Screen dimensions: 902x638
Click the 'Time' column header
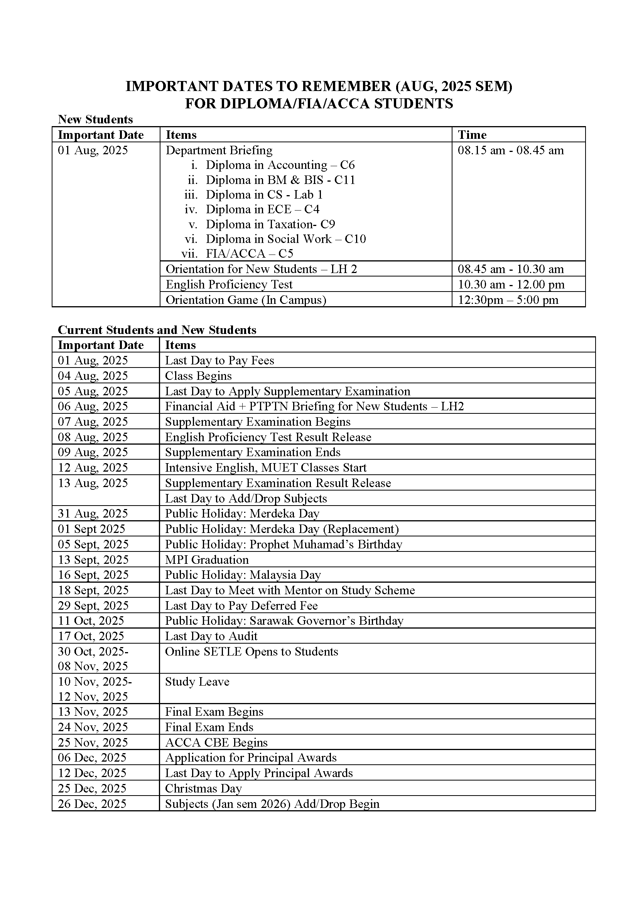(x=472, y=135)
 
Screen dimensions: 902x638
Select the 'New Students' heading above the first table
(x=95, y=120)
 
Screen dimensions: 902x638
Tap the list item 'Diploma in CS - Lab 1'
(x=264, y=194)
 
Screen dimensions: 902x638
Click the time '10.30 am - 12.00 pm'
(x=511, y=284)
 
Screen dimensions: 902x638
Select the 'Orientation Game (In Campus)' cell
(x=246, y=300)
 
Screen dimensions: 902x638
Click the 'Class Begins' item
(x=198, y=376)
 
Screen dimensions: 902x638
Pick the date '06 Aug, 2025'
(x=93, y=406)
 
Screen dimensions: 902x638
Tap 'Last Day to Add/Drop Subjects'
(x=246, y=498)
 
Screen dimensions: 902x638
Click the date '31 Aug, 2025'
(x=93, y=513)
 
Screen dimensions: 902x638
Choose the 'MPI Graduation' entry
(x=207, y=560)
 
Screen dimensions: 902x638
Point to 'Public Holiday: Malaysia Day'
(x=243, y=575)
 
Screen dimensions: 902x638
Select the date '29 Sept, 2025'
(x=93, y=605)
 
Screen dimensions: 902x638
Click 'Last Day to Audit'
(x=211, y=636)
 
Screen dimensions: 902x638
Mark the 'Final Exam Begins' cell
(x=214, y=711)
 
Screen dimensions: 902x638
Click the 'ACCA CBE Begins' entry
(x=216, y=742)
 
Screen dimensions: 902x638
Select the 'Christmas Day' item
(x=203, y=788)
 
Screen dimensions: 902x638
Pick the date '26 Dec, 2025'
(x=92, y=803)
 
